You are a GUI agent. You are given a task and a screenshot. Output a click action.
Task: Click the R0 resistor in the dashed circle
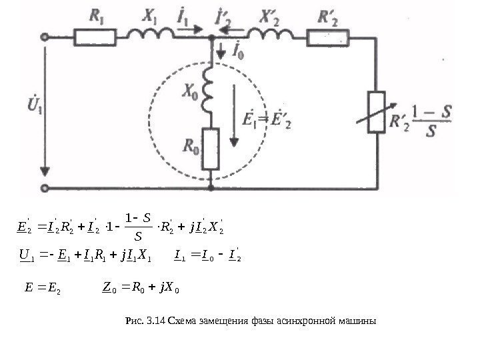211,147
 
